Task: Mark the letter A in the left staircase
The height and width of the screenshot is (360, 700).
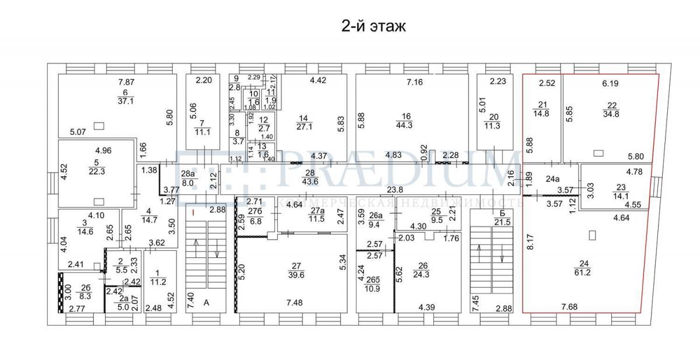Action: [206, 303]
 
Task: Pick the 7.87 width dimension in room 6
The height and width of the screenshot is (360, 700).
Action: [127, 83]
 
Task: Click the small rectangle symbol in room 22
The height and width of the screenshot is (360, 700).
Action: [598, 153]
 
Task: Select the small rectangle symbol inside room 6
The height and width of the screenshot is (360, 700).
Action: [99, 124]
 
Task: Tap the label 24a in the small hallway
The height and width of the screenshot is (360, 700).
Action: [552, 179]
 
